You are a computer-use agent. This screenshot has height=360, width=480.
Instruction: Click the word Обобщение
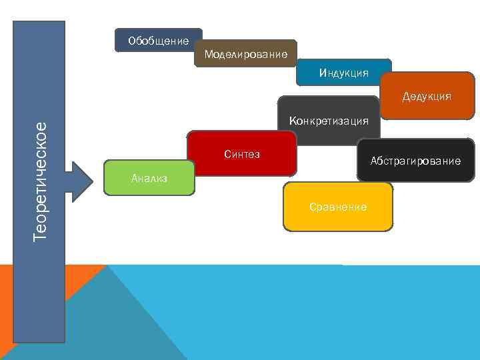point(158,41)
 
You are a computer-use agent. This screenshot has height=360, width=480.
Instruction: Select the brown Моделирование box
point(246,53)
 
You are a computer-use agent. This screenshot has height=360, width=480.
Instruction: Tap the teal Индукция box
point(343,72)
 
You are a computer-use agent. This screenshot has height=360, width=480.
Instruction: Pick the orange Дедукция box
point(427,96)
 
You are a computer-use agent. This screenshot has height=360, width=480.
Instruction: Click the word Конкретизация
point(329,121)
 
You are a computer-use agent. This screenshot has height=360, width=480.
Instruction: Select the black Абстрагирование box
point(415,161)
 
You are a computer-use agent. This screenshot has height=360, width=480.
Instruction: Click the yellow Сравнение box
point(338,207)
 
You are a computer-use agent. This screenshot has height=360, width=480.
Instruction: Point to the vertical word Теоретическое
point(41,180)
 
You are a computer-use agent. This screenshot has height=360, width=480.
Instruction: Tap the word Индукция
point(343,73)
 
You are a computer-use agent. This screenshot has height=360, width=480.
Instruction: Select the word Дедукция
point(427,97)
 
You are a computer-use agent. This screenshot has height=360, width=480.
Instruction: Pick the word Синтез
point(241,155)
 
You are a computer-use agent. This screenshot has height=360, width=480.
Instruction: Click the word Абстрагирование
point(415,161)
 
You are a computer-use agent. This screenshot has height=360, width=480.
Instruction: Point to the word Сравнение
point(338,207)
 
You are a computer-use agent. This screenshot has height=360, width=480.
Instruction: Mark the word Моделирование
point(246,54)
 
